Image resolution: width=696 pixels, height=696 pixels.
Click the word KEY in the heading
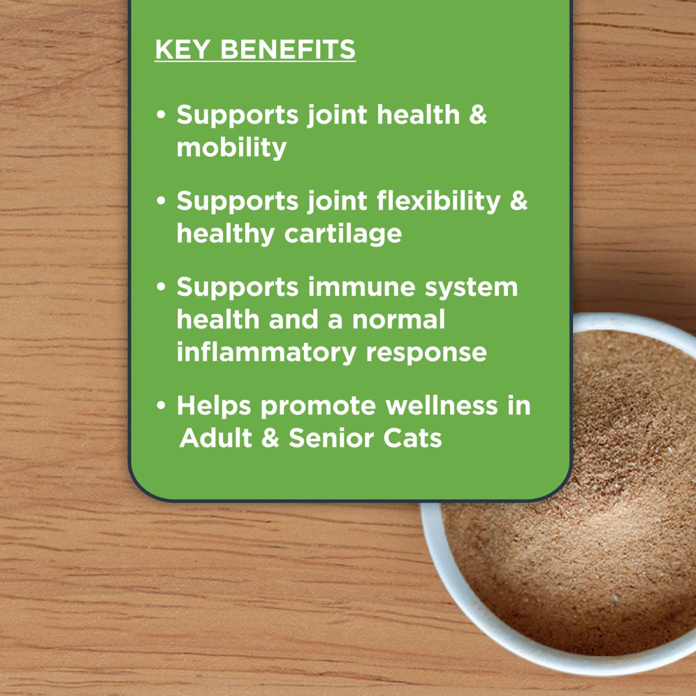point(182,50)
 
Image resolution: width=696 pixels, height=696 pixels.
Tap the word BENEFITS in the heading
point(288,50)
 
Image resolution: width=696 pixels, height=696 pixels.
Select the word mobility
point(232,148)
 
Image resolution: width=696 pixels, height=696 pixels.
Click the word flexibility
point(438,201)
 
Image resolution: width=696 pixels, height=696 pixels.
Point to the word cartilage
point(343,233)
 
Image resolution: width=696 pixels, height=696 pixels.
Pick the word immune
point(361,287)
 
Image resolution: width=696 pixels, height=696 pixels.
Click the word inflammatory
point(266,353)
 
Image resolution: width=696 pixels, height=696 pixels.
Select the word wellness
point(442,406)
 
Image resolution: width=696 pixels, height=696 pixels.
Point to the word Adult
point(216,438)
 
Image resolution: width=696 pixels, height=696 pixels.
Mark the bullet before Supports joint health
point(161,115)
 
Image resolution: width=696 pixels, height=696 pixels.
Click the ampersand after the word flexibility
point(519,201)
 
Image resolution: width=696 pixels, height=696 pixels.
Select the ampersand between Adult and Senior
point(270,438)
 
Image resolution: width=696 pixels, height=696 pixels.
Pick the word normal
point(399,320)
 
